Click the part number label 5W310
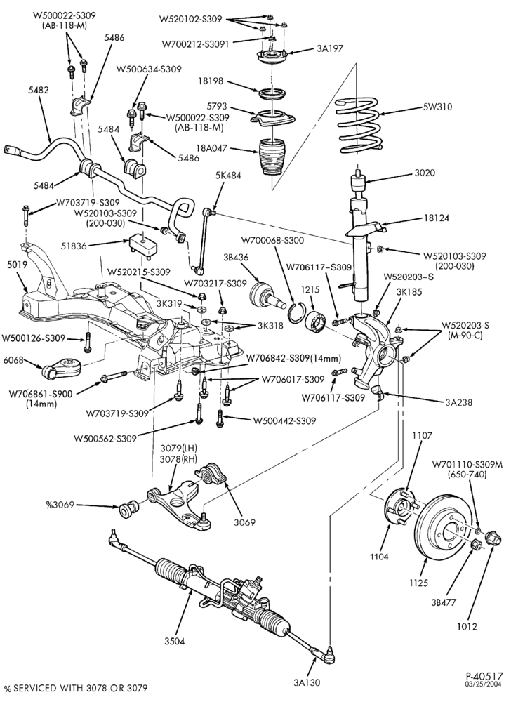437,107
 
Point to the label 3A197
330,48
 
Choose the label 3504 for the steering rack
174,642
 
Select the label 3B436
236,258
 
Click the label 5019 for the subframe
17,264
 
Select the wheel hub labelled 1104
399,508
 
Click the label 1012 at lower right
467,626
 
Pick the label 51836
74,245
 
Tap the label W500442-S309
284,420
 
